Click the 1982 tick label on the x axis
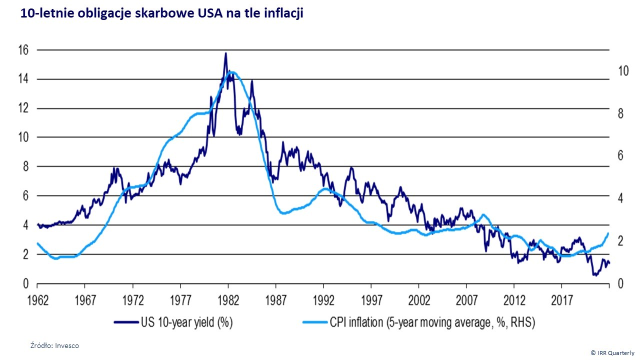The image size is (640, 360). click(227, 301)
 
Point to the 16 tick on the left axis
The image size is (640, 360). click(23, 50)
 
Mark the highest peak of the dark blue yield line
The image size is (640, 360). click(225, 53)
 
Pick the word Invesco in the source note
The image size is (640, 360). click(67, 345)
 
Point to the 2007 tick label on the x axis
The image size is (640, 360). click(466, 301)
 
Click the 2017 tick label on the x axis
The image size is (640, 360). click(561, 301)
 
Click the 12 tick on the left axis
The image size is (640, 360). click(23, 108)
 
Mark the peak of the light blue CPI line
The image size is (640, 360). click(230, 71)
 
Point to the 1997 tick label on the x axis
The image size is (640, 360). click(370, 301)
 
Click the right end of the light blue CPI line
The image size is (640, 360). click(608, 233)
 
